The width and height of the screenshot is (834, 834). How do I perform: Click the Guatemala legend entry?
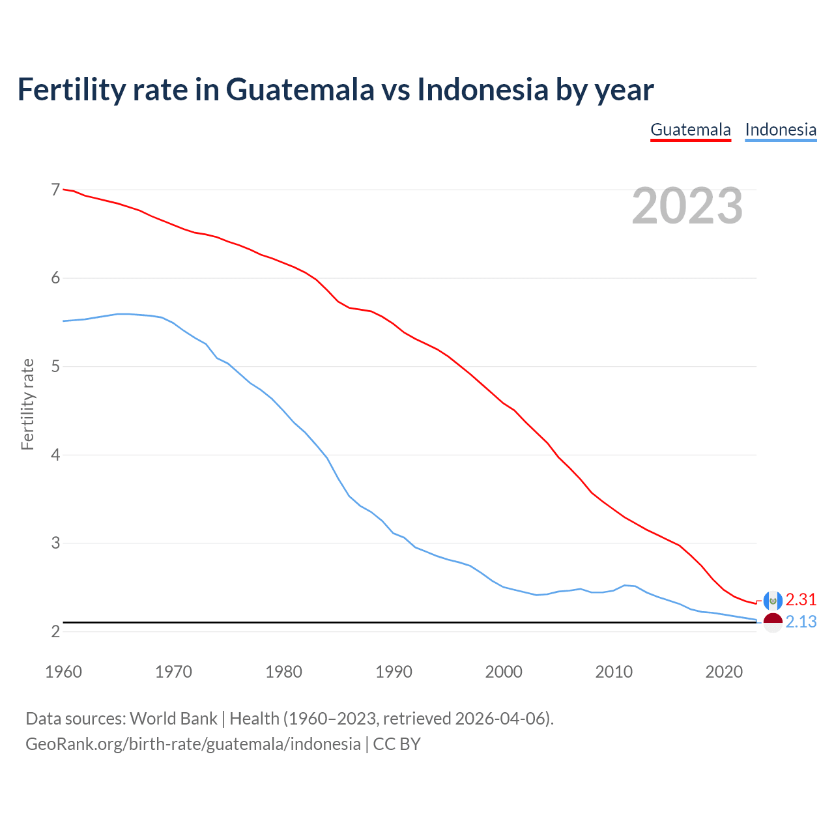click(691, 130)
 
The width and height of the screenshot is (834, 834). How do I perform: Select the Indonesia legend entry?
click(781, 130)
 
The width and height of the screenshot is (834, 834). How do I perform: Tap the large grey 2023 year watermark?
click(687, 206)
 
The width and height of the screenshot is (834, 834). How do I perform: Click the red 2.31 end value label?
click(801, 599)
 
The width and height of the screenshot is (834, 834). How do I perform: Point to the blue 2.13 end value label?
click(801, 622)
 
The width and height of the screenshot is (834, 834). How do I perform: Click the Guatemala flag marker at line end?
click(773, 600)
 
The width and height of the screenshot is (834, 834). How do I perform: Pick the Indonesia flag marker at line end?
click(773, 622)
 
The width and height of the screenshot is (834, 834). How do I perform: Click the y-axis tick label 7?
click(55, 190)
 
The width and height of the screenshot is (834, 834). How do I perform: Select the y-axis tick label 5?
click(55, 366)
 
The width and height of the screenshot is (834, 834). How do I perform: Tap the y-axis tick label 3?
click(55, 543)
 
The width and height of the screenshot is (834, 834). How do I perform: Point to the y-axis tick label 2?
click(55, 631)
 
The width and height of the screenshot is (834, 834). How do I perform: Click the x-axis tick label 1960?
click(63, 672)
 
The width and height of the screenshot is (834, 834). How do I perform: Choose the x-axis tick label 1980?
click(283, 672)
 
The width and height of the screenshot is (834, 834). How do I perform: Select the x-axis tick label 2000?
click(504, 672)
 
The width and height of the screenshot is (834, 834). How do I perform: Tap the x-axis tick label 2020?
click(724, 672)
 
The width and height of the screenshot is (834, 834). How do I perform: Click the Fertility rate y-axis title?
click(27, 404)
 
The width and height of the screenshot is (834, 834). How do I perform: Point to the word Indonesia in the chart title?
click(483, 89)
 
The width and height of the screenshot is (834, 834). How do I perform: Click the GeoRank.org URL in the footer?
click(193, 744)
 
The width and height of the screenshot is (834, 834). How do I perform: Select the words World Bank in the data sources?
click(173, 719)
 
